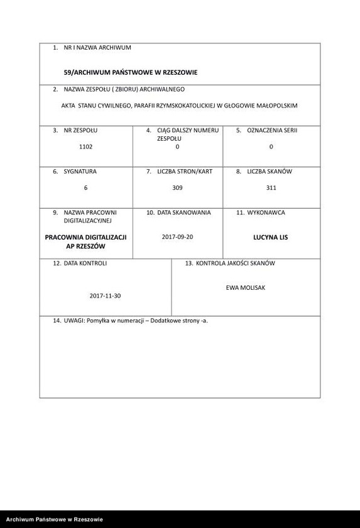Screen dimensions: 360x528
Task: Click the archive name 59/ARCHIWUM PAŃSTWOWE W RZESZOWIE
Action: pos(131,72)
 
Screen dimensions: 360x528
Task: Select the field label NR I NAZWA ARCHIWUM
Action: pos(97,48)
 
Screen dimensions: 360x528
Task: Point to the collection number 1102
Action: pos(85,146)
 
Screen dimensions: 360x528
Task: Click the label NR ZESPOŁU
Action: pos(80,130)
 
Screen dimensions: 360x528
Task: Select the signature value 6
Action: pos(85,188)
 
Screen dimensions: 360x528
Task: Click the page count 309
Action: pos(177,188)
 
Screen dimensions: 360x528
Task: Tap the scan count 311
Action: pos(271,188)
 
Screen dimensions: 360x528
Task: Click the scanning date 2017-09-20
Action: pos(177,237)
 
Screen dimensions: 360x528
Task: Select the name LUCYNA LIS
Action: pos(271,238)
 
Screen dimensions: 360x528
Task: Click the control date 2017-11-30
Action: pos(105,295)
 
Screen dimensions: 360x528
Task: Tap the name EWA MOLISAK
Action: pos(246,287)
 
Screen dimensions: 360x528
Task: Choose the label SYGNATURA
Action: pos(80,172)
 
